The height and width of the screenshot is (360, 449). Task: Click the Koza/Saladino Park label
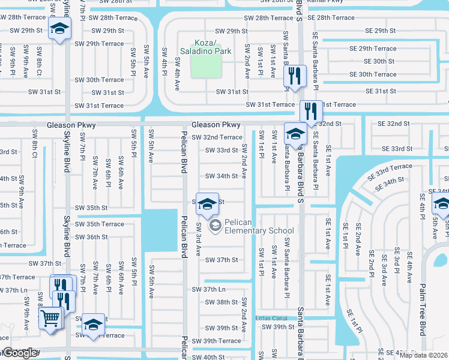(x=205, y=47)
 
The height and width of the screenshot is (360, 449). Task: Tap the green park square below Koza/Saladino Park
(x=205, y=68)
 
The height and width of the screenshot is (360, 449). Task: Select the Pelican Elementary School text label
(x=259, y=230)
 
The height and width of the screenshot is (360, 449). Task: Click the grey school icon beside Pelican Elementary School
(x=214, y=226)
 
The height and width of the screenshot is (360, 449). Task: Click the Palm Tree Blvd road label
(x=423, y=310)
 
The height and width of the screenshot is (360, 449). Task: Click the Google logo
(x=19, y=353)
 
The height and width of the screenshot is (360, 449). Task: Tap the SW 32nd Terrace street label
(x=217, y=137)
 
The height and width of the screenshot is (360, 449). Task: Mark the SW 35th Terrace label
(x=100, y=224)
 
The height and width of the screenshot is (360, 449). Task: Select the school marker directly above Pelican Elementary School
(x=207, y=203)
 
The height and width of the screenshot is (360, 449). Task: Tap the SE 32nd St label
(x=393, y=123)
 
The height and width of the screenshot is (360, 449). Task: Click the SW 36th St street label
(x=88, y=237)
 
